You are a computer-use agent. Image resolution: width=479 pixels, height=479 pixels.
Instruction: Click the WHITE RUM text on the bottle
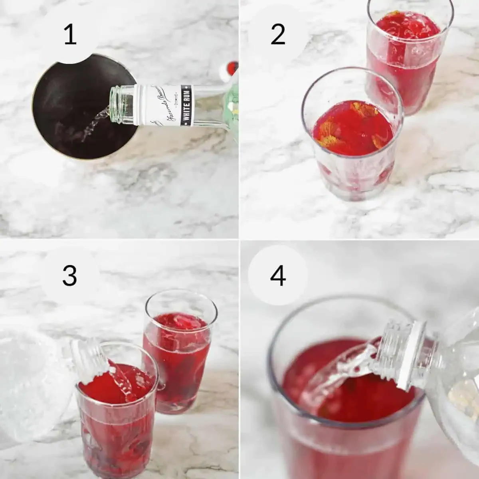click(186, 105)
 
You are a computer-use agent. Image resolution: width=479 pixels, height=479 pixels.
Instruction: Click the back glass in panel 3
click(180, 355)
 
